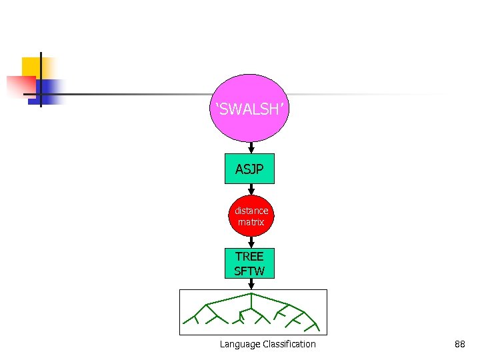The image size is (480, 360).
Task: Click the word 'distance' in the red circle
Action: point(251,211)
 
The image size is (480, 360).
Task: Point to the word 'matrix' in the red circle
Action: point(251,222)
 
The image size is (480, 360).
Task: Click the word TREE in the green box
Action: point(249,257)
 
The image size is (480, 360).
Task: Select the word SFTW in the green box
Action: point(249,271)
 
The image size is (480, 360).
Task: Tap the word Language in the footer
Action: point(239,344)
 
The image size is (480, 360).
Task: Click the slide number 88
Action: point(459,344)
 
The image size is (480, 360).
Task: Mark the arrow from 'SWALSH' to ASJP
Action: point(250,148)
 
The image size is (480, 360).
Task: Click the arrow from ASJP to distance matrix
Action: point(250,191)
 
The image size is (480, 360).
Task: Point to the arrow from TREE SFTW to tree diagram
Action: point(250,284)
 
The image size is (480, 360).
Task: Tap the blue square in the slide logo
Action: point(50,91)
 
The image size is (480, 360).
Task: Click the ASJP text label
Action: point(249,169)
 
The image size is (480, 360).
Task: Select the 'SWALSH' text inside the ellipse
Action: point(250,109)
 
